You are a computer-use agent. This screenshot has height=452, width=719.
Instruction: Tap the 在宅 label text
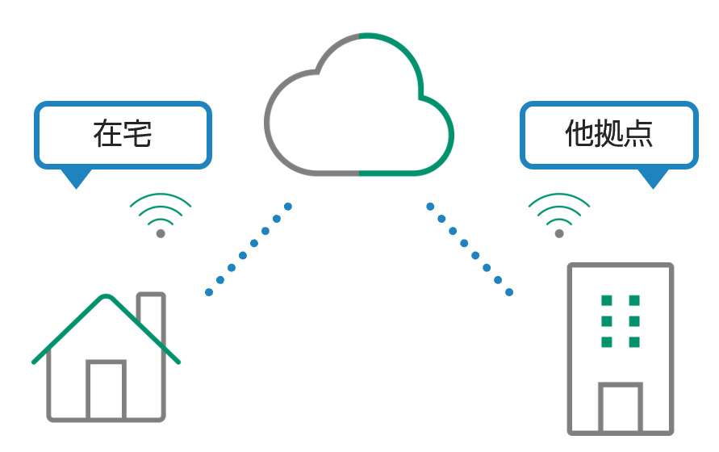coord(123,134)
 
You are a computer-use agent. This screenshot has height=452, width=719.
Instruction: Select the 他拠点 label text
coord(608,134)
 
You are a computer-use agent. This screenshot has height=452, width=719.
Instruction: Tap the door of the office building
coord(620,408)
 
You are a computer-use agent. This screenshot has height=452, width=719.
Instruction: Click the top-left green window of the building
coord(607,301)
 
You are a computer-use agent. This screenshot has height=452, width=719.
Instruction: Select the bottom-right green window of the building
coord(634,342)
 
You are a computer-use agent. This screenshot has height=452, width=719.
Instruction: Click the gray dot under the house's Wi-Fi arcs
coord(161,233)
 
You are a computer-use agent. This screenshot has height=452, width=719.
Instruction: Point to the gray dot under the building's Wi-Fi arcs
coord(559,233)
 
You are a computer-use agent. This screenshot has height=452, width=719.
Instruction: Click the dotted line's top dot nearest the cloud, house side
coord(288,207)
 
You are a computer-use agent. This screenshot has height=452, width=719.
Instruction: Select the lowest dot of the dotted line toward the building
coord(509,291)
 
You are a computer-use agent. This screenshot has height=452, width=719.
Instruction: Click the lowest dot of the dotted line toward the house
coord(209,291)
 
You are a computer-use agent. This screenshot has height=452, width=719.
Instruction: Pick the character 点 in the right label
coord(637,134)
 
